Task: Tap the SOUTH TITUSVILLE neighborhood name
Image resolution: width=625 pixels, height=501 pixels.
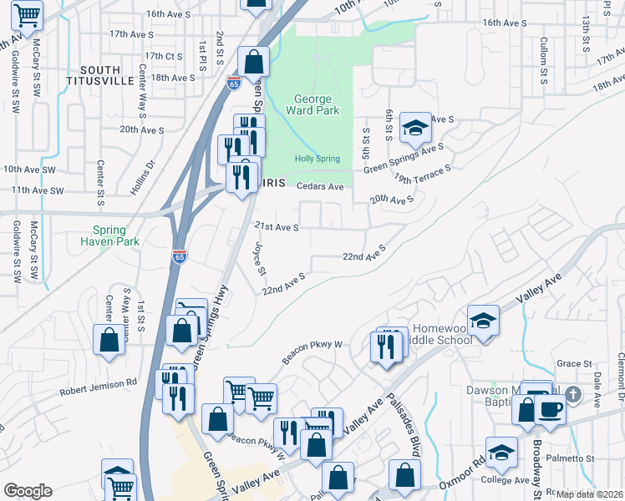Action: point(119,75)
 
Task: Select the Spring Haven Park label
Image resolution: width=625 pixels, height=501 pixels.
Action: point(109,236)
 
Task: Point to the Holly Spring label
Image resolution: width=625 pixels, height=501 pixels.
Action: point(315,159)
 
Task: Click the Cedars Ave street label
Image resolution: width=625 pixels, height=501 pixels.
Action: point(322,186)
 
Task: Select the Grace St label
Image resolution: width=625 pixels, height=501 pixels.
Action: point(574,364)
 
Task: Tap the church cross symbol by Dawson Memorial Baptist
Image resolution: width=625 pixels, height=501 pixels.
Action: point(573,394)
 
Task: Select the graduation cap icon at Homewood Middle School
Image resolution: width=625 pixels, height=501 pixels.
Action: point(483,320)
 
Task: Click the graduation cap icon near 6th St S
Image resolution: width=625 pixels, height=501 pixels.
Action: point(414,128)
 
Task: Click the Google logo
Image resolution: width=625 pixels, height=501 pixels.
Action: point(28,491)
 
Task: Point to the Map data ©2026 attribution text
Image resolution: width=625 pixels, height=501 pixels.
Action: point(590,494)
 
